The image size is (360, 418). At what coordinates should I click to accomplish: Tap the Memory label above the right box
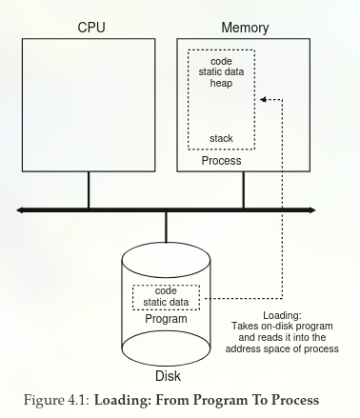pos(244,28)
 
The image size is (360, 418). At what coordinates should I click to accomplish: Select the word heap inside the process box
pos(221,84)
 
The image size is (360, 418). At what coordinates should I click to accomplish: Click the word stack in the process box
pos(221,139)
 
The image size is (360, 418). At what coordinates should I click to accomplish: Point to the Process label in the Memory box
pos(221,161)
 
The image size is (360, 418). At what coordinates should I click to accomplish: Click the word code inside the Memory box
pos(221,61)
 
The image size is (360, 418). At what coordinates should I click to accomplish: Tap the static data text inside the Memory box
pos(221,72)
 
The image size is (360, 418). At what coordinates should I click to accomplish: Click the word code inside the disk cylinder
pos(166,290)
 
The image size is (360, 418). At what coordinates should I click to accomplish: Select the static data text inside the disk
pos(166,302)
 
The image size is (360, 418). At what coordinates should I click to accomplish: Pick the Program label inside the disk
pos(166,319)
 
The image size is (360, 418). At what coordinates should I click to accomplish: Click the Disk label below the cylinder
pos(166,373)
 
